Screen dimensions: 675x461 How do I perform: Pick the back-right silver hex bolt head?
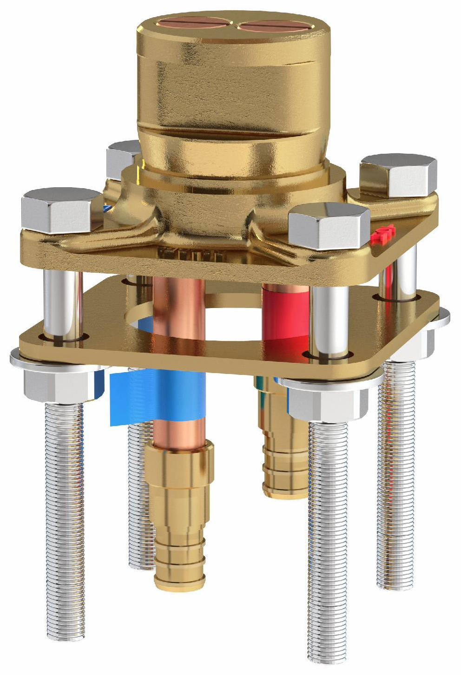[x=399, y=175]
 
